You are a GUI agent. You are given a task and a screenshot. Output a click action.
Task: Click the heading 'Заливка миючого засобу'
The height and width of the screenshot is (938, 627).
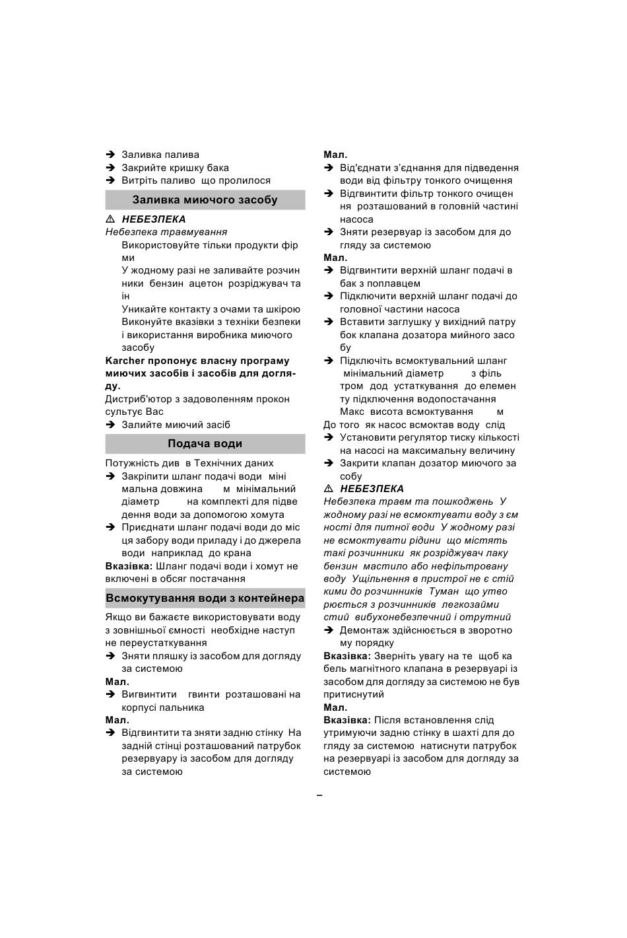tap(205, 199)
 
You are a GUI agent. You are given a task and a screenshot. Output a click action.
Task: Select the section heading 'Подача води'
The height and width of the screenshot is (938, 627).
tap(205, 444)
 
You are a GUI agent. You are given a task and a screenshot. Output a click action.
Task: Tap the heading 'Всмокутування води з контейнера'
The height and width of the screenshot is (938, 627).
tap(205, 598)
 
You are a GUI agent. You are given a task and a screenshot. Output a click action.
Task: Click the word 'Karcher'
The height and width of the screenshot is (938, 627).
tap(125, 361)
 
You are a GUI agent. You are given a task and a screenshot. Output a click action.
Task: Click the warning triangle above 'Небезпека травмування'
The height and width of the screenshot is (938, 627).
tap(111, 219)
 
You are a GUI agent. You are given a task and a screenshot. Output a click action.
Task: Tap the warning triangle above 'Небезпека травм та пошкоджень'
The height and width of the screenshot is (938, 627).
tap(329, 489)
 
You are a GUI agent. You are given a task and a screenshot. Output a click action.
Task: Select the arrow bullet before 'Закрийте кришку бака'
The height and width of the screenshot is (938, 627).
tap(111, 168)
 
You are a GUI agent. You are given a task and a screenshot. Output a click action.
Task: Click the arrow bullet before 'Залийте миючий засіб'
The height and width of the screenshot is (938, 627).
tap(111, 425)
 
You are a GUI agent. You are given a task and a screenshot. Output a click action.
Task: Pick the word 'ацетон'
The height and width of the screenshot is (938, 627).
tap(206, 283)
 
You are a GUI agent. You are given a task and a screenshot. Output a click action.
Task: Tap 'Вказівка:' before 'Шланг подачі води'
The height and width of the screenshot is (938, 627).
tap(129, 566)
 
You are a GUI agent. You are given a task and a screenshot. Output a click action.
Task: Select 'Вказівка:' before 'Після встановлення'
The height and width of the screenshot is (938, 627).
tap(347, 720)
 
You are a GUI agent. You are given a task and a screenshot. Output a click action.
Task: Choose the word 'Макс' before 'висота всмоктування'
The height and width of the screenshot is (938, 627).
tap(352, 412)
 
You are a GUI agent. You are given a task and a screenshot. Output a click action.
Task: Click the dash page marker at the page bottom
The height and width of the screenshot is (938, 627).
tap(319, 795)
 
